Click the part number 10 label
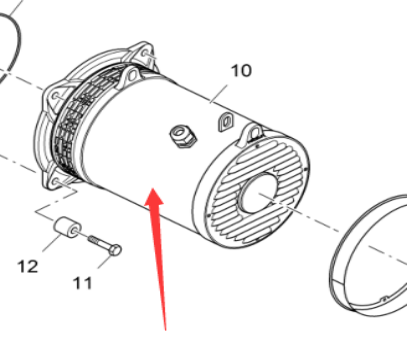point(241,71)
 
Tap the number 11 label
point(83,283)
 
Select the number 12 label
point(27,266)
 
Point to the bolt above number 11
point(104,242)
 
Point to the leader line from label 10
point(226,93)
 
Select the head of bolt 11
point(116,247)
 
